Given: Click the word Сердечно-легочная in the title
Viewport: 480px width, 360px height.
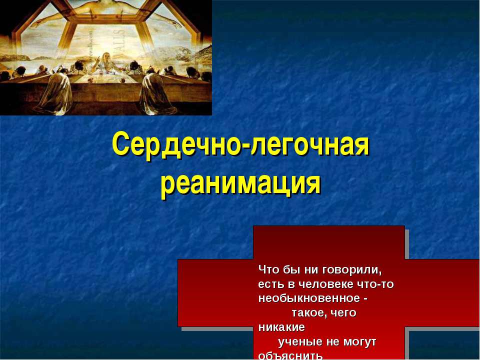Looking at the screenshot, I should coord(240,145).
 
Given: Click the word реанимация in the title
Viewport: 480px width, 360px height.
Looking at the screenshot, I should coord(240,184).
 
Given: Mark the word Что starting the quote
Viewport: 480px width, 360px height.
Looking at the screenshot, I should coord(265,270).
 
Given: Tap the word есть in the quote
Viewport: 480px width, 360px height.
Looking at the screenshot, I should coord(268,284).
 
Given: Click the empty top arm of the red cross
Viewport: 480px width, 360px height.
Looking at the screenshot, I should coord(328,242).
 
